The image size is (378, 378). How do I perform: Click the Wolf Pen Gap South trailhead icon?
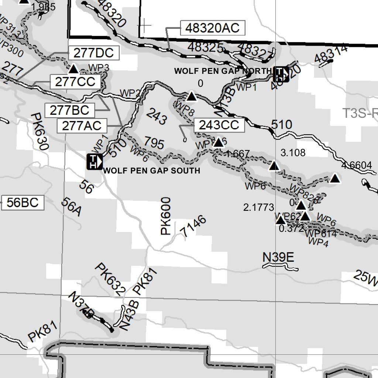(94, 162)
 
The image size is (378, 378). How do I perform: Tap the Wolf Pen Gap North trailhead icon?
(281, 74)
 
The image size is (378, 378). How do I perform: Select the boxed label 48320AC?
(213, 28)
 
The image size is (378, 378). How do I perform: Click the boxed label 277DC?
(93, 53)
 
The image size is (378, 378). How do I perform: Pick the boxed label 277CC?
(75, 82)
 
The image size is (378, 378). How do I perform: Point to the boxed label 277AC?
(82, 126)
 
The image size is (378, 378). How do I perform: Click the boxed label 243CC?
(219, 125)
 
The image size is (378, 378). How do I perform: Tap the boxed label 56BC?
(23, 203)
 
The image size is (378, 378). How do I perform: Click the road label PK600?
(166, 216)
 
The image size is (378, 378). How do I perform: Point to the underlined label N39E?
(278, 257)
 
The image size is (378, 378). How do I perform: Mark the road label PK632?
(110, 279)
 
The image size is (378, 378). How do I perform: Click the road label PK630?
(40, 131)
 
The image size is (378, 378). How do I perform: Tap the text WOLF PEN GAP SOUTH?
(152, 171)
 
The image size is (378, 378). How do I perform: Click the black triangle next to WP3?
(73, 69)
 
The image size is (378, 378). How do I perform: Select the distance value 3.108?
(293, 152)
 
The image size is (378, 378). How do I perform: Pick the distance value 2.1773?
(259, 207)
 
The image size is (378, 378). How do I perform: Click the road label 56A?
(71, 207)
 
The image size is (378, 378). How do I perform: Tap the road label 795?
(154, 143)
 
